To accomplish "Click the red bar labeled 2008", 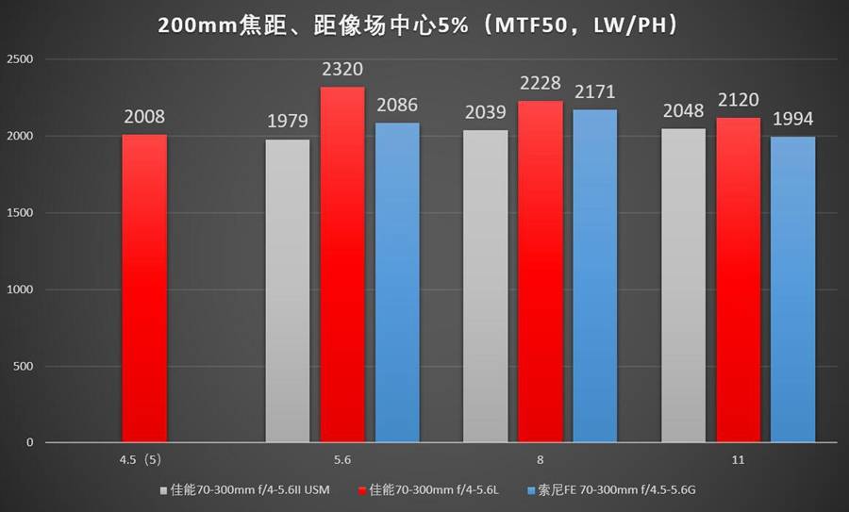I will [x=144, y=288].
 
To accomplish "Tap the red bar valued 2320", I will [x=341, y=264].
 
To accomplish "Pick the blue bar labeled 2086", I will [x=396, y=282].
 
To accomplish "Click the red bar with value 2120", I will [x=738, y=279].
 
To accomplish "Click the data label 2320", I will [x=341, y=70].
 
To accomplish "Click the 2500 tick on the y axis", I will [x=20, y=59].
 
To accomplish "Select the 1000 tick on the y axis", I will [x=20, y=289].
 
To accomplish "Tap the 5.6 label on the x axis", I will [x=341, y=459].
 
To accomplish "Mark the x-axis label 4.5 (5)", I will [x=144, y=459].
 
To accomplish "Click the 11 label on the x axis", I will [x=738, y=459].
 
